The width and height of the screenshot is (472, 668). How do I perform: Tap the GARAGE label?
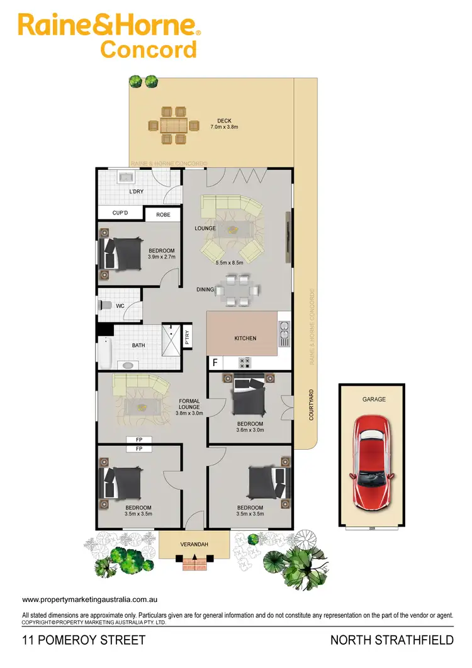(x=374, y=399)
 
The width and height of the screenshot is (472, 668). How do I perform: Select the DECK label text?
(x=225, y=121)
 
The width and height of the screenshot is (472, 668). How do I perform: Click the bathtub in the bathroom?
(x=105, y=354)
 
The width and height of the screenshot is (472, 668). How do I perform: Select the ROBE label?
(x=163, y=215)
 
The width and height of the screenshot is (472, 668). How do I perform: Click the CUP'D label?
(x=120, y=213)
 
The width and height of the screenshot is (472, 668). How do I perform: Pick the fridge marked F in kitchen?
(x=215, y=363)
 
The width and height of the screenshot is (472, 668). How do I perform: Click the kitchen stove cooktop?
(x=244, y=362)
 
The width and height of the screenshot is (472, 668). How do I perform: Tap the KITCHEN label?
(x=245, y=338)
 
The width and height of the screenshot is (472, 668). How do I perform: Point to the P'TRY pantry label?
(x=187, y=338)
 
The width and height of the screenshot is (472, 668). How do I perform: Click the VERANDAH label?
(x=195, y=544)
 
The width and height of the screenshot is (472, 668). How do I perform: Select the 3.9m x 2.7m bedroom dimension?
(x=161, y=257)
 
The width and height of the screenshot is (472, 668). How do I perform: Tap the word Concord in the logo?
(x=149, y=49)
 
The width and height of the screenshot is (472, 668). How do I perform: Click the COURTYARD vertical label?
(x=311, y=404)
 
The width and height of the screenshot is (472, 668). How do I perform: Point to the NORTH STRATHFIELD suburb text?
(x=392, y=641)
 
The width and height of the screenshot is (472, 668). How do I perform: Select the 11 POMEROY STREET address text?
(x=84, y=641)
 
